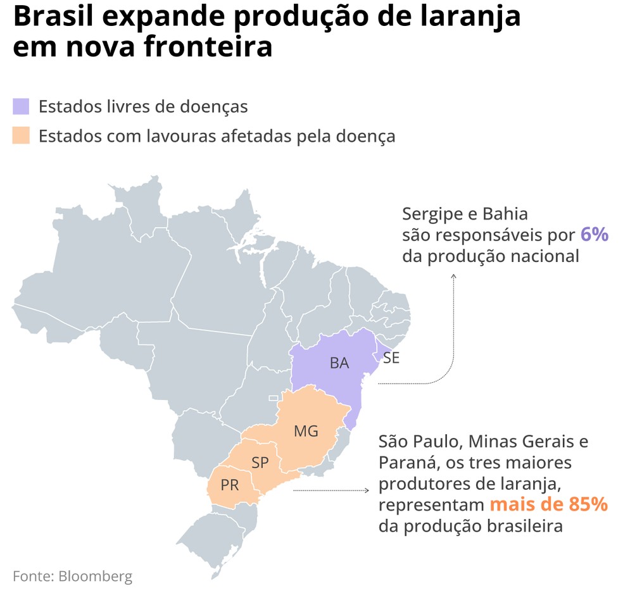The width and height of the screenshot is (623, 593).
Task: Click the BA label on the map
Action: pyautogui.click(x=339, y=363)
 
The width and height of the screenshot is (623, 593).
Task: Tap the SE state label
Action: pyautogui.click(x=391, y=358)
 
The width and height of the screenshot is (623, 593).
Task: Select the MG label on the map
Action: pyautogui.click(x=306, y=432)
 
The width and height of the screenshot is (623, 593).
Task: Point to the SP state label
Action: pyautogui.click(x=260, y=463)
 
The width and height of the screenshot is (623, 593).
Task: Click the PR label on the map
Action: pyautogui.click(x=230, y=485)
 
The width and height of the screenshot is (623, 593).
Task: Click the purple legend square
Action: pyautogui.click(x=21, y=106)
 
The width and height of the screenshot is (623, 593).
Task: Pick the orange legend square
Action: pyautogui.click(x=21, y=135)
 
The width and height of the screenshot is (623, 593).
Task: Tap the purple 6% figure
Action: pyautogui.click(x=595, y=235)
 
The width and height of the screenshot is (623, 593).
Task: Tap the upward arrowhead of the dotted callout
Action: pyautogui.click(x=453, y=276)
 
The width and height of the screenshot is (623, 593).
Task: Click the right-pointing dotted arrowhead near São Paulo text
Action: pyautogui.click(x=367, y=490)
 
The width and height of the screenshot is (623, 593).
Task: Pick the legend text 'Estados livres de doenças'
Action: pyautogui.click(x=143, y=106)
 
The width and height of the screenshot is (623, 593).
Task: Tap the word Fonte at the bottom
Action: pyautogui.click(x=32, y=576)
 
